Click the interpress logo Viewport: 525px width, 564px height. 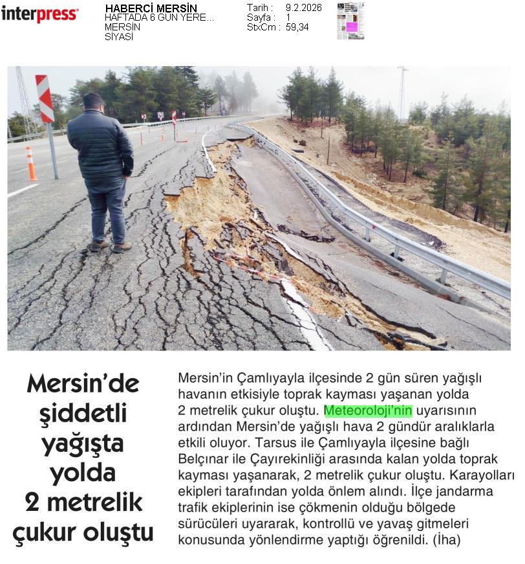click(x=39, y=14)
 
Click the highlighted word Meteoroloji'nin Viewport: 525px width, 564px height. click(x=368, y=411)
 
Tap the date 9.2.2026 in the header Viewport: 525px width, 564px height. click(x=303, y=8)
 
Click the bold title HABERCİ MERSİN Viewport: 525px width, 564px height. click(x=151, y=8)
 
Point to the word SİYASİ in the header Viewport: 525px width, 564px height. click(x=118, y=37)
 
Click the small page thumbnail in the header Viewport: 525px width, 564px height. click(x=350, y=21)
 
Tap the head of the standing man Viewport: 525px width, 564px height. click(x=94, y=102)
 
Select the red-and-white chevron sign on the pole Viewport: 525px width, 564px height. click(x=45, y=98)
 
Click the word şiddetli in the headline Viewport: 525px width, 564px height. click(x=83, y=414)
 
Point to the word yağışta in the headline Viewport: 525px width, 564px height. click(x=83, y=444)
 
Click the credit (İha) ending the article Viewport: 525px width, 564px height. click(x=447, y=539)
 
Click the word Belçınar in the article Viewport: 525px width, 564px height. click(x=202, y=459)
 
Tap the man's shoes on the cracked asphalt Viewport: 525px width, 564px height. click(x=110, y=247)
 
